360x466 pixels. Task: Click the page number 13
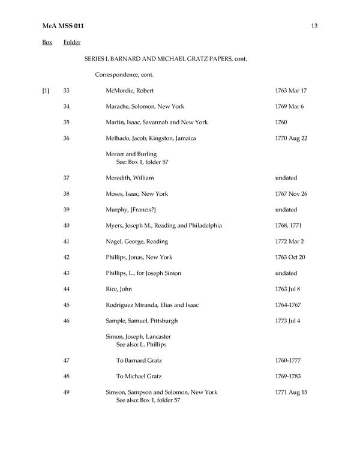(x=314, y=26)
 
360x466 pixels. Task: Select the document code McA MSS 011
(x=67, y=26)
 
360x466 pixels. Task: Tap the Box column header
(x=47, y=43)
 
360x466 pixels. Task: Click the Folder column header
(x=72, y=43)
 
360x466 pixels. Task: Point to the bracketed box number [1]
(x=46, y=91)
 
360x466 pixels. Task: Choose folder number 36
(x=67, y=138)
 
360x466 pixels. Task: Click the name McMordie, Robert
(x=130, y=91)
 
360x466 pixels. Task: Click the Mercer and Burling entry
(x=131, y=154)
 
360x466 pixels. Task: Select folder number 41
(x=67, y=241)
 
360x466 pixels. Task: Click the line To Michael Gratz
(x=142, y=377)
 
